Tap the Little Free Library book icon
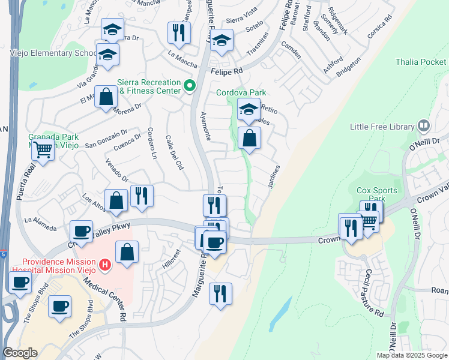424,126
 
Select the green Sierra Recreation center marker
190,86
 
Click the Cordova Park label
241,92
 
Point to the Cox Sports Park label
377,194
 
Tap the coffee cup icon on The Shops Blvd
59,306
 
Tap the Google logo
20,353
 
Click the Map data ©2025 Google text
411,355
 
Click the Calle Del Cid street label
173,153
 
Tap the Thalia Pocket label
421,62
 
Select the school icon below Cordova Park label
249,109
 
